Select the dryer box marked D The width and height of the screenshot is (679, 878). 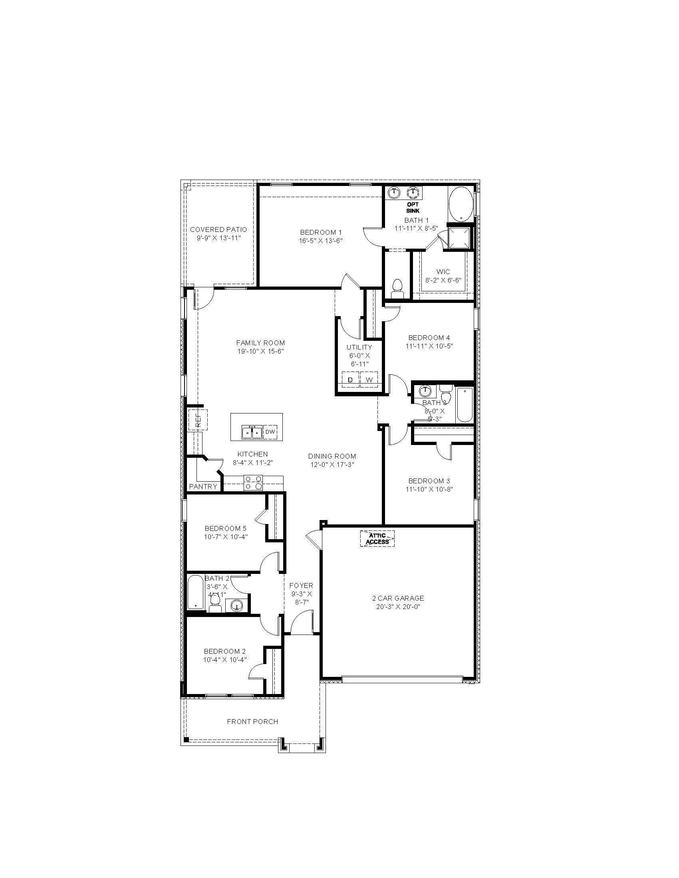350,380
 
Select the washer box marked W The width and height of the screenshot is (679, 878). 369,380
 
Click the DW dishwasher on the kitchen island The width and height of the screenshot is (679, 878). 270,432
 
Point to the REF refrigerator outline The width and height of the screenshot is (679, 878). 197,420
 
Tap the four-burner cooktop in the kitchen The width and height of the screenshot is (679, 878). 253,483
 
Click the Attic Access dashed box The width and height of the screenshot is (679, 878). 377,539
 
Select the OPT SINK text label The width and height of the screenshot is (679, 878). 413,208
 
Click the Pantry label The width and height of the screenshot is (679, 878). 203,486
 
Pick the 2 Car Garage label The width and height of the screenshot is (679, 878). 398,598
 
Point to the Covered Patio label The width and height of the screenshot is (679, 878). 218,229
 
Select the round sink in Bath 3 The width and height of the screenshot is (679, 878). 425,391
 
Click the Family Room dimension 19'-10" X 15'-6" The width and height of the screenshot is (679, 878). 261,351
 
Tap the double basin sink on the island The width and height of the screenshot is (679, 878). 252,432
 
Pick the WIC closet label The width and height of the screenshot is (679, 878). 443,272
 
